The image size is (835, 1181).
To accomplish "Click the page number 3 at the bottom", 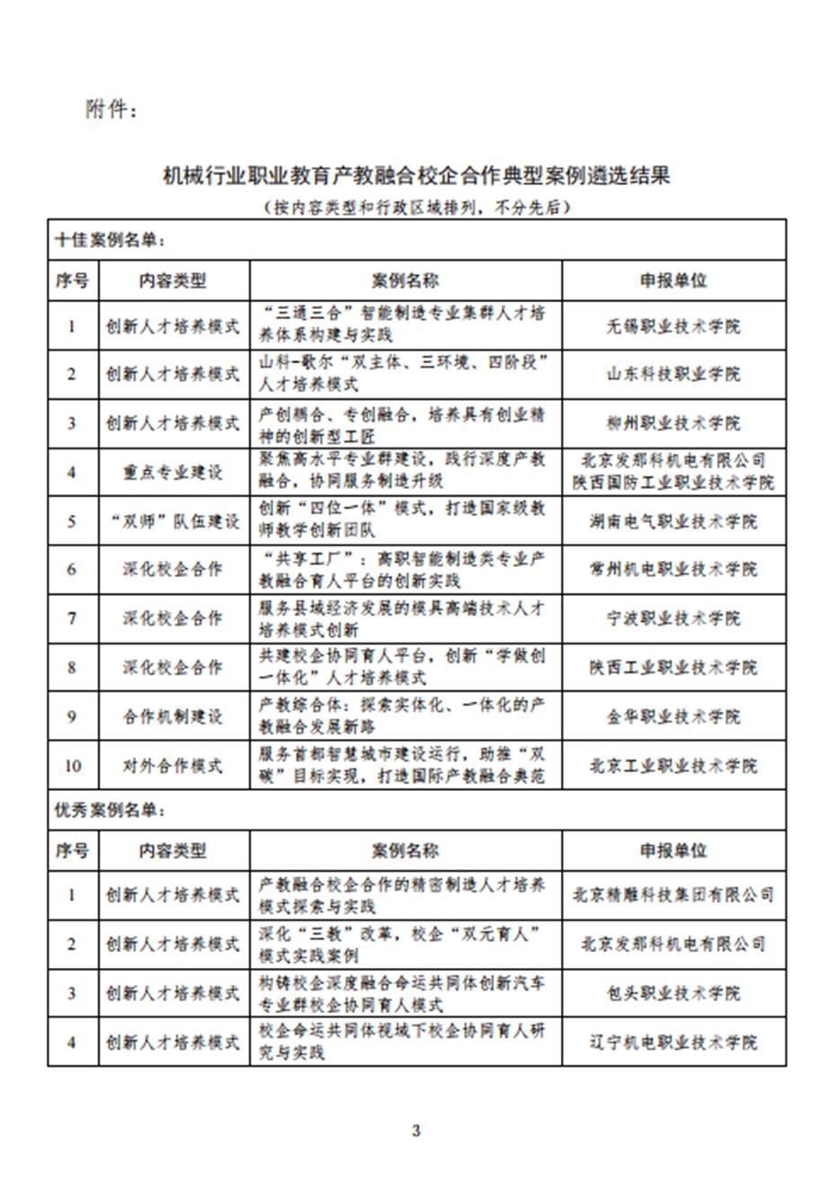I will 416,1130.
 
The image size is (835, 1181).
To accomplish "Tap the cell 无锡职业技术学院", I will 674,325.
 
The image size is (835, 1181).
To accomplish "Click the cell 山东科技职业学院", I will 674,374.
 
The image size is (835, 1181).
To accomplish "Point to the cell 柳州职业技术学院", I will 674,422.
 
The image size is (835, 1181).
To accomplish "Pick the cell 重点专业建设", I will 173,472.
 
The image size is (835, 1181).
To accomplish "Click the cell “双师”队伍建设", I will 173,520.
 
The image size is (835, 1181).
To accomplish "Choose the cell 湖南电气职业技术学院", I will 674,520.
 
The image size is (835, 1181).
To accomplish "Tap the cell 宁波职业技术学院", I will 674,618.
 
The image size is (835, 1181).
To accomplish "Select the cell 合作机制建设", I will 173,716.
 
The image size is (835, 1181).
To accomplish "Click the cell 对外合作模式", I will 173,766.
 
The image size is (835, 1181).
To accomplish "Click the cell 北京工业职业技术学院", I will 674,766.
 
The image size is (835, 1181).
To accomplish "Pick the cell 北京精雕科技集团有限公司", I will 674,895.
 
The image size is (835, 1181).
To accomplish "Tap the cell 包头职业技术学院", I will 674,993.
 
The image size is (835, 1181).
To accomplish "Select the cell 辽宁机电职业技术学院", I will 674,1042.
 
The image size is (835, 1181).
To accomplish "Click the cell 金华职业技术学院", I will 674,716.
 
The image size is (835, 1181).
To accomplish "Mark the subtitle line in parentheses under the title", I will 416,207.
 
